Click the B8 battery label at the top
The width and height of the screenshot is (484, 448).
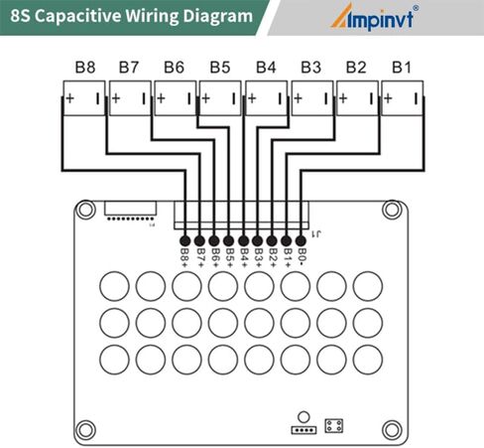click(85, 68)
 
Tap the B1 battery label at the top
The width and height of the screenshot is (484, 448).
click(402, 68)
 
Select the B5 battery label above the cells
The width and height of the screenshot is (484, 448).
click(220, 68)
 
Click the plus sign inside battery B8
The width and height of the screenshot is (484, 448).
click(69, 98)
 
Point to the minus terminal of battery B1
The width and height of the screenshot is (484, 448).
click(417, 98)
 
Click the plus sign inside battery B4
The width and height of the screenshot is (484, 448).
click(252, 98)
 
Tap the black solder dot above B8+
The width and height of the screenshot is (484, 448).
click(184, 240)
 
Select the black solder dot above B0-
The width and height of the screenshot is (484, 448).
click(301, 240)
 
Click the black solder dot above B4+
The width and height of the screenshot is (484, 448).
click(244, 240)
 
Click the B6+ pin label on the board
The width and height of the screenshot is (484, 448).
click(215, 258)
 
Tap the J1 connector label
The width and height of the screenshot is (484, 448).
click(316, 234)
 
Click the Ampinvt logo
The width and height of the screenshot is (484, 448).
click(375, 17)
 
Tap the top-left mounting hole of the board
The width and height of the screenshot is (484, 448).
click(85, 210)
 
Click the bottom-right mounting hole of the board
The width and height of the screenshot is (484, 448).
click(392, 430)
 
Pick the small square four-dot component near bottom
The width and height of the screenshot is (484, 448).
click(333, 426)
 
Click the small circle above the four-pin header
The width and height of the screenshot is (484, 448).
click(303, 417)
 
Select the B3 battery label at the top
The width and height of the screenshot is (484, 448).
click(310, 68)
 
